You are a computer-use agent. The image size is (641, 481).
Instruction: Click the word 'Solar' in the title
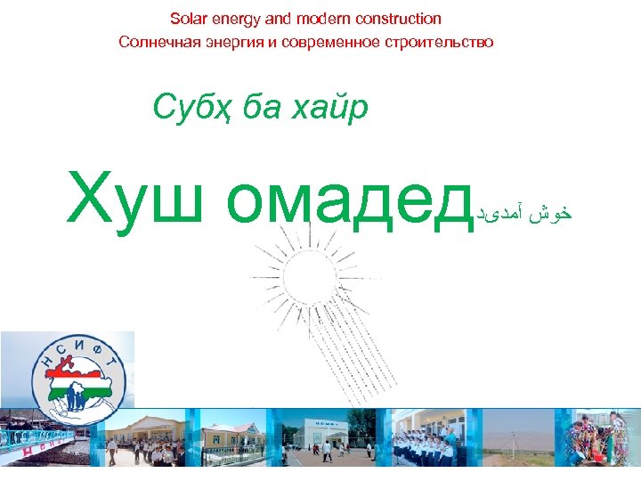pos(188,19)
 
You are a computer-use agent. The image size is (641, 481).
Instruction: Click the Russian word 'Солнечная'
pos(153,42)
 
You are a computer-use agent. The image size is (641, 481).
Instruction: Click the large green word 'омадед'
pos(347,200)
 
